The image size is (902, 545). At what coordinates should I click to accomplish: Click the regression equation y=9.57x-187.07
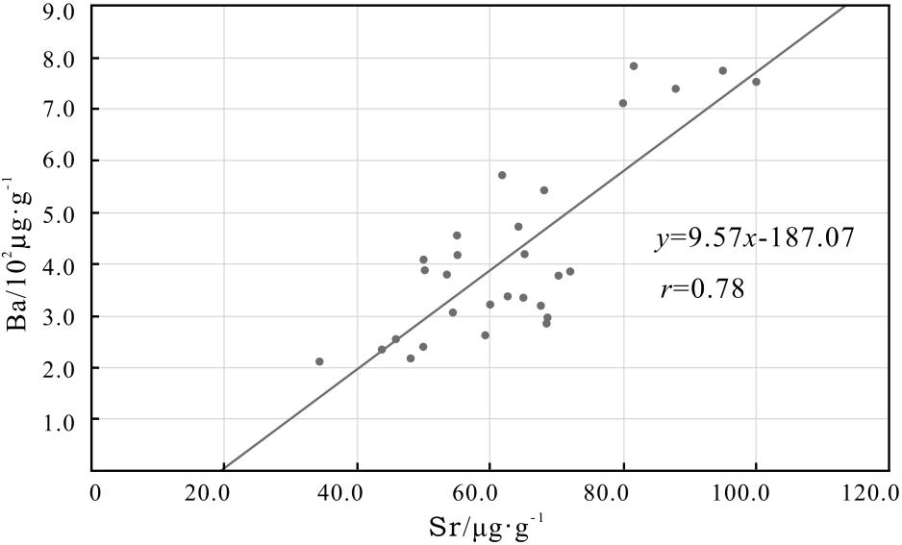click(x=754, y=238)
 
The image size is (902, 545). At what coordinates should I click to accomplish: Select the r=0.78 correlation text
click(x=703, y=288)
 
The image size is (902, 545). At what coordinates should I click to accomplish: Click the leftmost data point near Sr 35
click(x=319, y=361)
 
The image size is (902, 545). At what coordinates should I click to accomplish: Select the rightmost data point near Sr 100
click(x=756, y=82)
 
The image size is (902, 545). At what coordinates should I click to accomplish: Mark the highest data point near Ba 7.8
click(x=634, y=65)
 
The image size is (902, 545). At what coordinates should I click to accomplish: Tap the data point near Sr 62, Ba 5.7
click(x=502, y=175)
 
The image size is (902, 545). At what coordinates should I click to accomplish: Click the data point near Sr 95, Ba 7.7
click(x=722, y=70)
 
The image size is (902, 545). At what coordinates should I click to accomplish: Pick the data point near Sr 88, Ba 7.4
click(x=675, y=88)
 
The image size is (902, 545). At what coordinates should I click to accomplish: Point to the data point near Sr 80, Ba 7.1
click(x=623, y=103)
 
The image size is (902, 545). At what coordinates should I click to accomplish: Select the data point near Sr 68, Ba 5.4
click(x=543, y=190)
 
